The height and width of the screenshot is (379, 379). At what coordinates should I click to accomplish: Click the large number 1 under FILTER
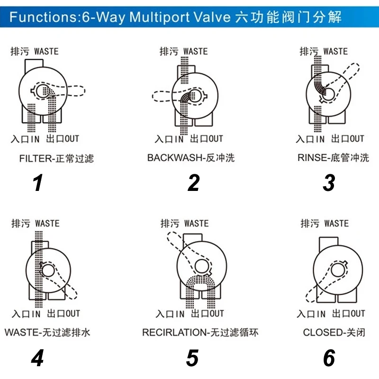(38, 183)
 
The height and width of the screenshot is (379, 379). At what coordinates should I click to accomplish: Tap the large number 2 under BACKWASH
(193, 183)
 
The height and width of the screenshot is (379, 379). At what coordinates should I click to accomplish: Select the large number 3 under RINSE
(329, 183)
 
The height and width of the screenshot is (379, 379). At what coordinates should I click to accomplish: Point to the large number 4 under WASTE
(37, 359)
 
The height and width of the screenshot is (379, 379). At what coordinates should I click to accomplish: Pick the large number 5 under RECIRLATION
(192, 359)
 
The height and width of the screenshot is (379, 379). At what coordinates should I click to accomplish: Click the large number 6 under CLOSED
(329, 359)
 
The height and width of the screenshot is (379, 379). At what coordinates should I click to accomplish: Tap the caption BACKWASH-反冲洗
(191, 158)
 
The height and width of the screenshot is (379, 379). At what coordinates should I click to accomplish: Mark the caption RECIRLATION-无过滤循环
(200, 333)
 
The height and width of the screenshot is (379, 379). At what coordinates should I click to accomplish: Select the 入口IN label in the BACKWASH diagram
(169, 139)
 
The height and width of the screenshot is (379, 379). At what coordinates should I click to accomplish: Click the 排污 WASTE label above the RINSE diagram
(324, 51)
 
